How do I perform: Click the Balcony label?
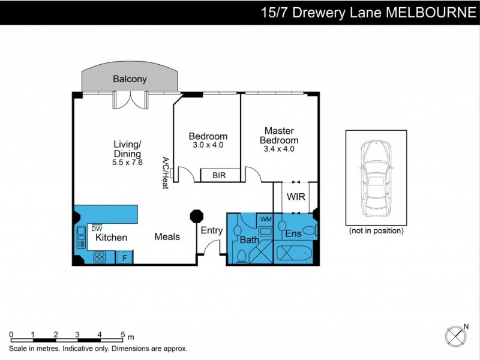click(130, 79)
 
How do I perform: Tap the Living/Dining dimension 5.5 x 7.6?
click(127, 162)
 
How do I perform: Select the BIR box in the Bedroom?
click(220, 175)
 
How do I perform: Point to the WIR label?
click(296, 197)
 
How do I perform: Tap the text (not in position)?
click(376, 230)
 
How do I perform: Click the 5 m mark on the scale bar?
click(122, 334)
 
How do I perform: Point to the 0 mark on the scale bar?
click(11, 334)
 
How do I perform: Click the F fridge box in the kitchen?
click(124, 258)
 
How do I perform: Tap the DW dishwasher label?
click(96, 228)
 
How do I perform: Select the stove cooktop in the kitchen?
click(100, 257)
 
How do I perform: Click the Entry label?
click(211, 230)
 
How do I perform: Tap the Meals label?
click(167, 236)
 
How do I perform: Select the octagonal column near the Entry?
click(195, 217)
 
